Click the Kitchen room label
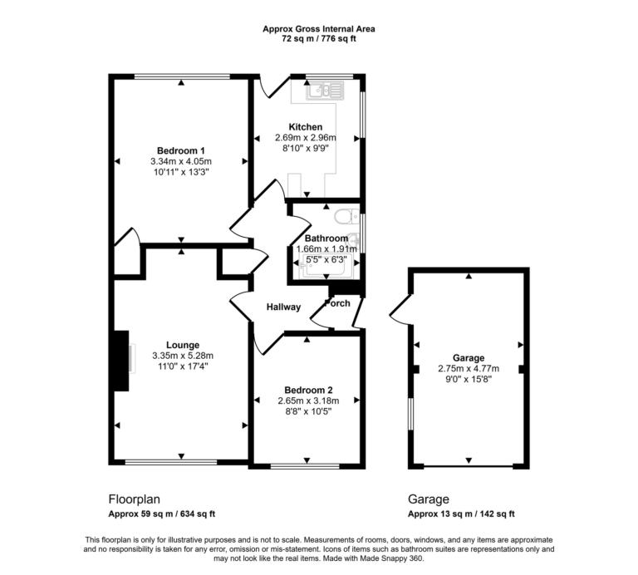point(306,127)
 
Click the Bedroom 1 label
point(181,150)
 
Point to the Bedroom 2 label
point(308,390)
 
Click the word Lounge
point(182,345)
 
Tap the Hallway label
point(283,307)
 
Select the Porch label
point(337,303)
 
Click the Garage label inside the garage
point(469,359)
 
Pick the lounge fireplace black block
point(121,361)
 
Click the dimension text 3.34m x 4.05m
point(181,161)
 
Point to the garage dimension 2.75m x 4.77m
point(469,370)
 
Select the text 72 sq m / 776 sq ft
point(319,39)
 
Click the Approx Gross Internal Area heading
point(319,28)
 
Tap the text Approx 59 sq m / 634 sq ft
point(162,514)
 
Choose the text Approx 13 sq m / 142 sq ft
point(461,514)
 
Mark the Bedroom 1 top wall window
point(181,77)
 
